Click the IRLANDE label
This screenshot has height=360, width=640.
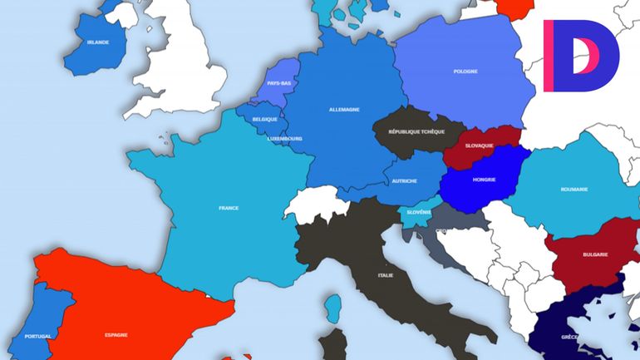(97, 42)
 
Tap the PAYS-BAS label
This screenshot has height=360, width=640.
(279, 83)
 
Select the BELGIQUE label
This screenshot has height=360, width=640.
(264, 119)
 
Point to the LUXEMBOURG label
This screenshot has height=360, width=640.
(285, 138)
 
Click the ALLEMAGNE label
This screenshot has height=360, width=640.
(344, 109)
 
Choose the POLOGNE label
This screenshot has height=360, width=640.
(465, 71)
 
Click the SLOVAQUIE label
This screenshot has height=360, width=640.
(479, 145)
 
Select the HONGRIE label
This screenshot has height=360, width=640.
(484, 180)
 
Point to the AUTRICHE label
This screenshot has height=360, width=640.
(404, 180)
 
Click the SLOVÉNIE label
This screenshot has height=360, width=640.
(418, 211)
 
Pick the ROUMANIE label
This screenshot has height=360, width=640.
(574, 189)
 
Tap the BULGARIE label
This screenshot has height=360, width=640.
(595, 254)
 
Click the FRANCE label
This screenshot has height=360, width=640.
(229, 207)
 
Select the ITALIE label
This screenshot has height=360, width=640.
(385, 274)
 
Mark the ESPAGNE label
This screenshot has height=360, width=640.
(116, 334)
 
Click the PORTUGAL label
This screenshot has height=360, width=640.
(38, 336)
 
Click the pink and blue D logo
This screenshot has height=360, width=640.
(581, 56)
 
